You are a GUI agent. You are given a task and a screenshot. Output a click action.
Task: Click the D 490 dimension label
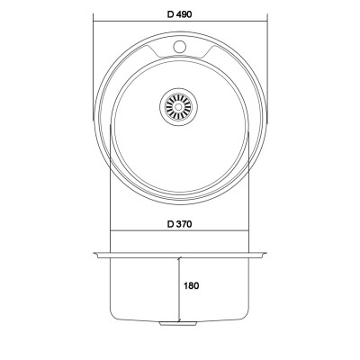click(179, 14)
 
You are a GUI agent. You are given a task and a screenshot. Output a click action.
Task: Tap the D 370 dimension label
click(179, 224)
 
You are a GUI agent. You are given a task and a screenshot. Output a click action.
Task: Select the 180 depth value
click(192, 285)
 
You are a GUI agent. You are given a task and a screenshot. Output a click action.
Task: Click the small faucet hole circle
click(179, 47)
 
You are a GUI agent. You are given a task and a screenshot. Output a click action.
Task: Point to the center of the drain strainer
click(178, 107)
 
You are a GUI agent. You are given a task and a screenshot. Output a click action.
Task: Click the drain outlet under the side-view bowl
click(178, 323)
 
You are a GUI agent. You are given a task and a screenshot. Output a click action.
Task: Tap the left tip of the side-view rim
click(94, 254)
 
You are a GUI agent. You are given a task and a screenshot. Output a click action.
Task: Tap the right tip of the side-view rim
click(265, 254)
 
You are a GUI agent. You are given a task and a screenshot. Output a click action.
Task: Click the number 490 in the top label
click(184, 14)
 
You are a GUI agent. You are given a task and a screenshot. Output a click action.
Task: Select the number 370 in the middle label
click(184, 224)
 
